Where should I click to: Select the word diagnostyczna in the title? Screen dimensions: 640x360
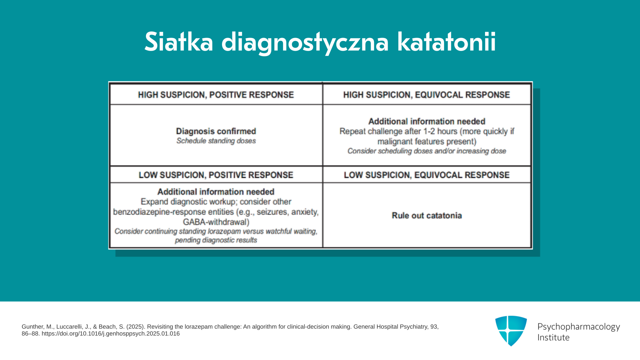pos(305,43)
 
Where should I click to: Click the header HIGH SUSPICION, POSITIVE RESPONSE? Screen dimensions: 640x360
pos(216,95)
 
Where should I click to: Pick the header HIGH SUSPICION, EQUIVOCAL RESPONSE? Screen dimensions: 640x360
pos(427,95)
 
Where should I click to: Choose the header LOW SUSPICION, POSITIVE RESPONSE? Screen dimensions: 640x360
pos(216,175)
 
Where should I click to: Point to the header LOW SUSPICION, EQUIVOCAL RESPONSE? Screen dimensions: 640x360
pos(427,175)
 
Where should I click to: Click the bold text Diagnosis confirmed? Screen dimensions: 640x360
pos(216,131)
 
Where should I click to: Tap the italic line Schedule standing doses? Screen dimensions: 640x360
pos(216,141)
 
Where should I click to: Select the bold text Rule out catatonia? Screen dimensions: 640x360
pos(427,216)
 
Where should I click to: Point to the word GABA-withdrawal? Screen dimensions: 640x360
pos(216,222)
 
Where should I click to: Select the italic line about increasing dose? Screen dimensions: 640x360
pos(427,151)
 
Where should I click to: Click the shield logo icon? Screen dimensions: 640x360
pos(511,331)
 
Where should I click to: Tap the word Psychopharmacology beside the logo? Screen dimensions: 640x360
pos(579,327)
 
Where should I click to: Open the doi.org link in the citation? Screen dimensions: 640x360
pos(111,334)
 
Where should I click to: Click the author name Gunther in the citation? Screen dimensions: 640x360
pos(33,327)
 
